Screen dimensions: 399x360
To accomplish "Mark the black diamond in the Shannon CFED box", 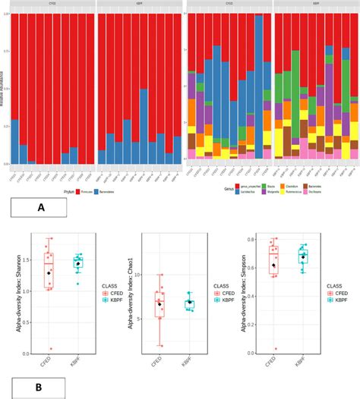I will click(x=49, y=272).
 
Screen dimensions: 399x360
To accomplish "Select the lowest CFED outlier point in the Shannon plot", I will click(x=49, y=349).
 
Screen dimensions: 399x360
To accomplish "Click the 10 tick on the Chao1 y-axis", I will click(x=149, y=275).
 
